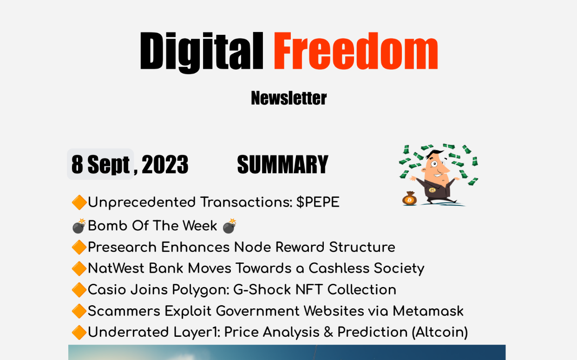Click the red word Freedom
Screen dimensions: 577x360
click(356, 51)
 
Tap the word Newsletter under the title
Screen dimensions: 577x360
click(289, 98)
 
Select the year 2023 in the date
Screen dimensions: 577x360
click(165, 164)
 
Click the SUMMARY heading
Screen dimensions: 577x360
click(282, 164)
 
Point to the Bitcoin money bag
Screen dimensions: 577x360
click(410, 198)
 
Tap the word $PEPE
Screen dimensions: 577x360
click(318, 202)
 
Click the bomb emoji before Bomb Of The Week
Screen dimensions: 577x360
click(79, 226)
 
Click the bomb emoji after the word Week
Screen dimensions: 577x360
click(229, 226)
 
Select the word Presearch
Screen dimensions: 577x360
click(122, 247)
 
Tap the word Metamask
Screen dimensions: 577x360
click(428, 311)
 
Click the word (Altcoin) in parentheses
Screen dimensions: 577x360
click(439, 332)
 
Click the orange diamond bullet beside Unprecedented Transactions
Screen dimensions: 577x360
click(79, 203)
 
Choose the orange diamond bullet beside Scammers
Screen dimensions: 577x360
click(79, 311)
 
